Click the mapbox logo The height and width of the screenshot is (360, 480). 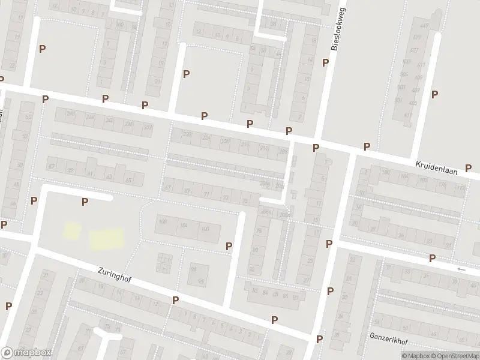pos(26,353)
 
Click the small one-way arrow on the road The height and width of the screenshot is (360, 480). pos(461,269)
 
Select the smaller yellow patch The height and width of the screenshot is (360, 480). pos(72,230)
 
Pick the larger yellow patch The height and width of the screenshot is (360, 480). pos(107,238)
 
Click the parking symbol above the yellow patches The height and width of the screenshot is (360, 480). pos(85,202)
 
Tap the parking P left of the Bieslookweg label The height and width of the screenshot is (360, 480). pos(325,62)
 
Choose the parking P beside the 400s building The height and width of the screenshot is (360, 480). pos(434,94)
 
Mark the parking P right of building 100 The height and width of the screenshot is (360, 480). pos(229,246)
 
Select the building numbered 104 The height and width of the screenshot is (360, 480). pos(184,225)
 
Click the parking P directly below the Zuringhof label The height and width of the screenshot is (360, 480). pos(175,300)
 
